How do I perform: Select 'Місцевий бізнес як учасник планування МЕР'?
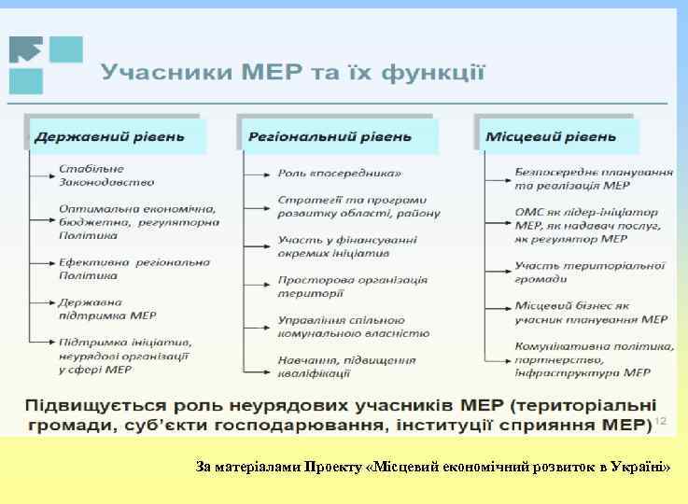coord(590,313)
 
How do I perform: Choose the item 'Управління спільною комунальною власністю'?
coord(353,326)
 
